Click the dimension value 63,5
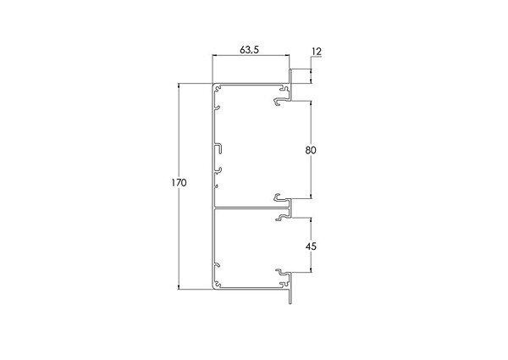point(249,50)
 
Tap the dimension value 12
point(317,52)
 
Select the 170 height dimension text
point(179,183)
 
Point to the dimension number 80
point(311,150)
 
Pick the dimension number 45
point(311,246)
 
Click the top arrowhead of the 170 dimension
point(179,86)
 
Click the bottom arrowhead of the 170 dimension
point(179,287)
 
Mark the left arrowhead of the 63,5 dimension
point(214,56)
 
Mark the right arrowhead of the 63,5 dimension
point(287,56)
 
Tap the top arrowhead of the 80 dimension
point(311,103)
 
